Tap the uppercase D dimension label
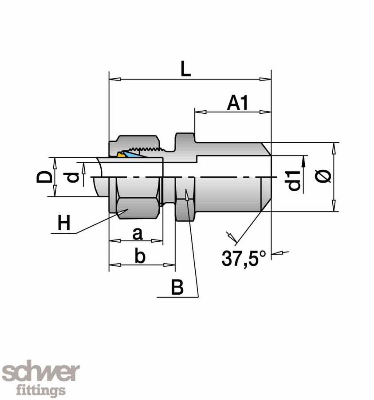[x=43, y=178]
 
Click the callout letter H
[x=64, y=223]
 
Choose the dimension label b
[x=140, y=256]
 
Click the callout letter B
[x=177, y=288]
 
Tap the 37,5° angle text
[x=244, y=258]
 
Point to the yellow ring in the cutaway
[x=120, y=155]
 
